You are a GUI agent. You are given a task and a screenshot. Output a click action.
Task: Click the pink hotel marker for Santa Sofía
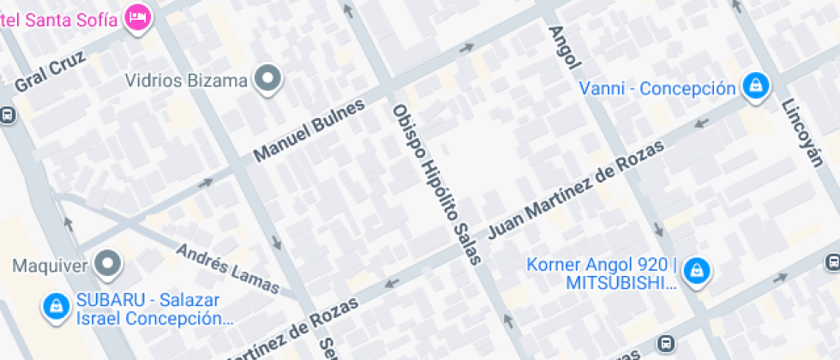(x=137, y=15)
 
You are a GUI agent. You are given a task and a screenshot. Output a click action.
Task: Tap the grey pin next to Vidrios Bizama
(x=270, y=81)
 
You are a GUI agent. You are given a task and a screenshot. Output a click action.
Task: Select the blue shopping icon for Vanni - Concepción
(x=756, y=87)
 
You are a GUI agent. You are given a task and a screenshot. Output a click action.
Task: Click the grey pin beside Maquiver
(x=108, y=265)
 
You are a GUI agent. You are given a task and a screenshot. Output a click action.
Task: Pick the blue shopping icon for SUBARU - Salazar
(x=57, y=305)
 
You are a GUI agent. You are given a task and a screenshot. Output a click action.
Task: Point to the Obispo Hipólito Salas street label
(x=436, y=183)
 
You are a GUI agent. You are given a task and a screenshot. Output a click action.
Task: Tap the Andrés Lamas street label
(x=227, y=268)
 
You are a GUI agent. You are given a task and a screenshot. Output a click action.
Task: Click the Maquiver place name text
(x=50, y=265)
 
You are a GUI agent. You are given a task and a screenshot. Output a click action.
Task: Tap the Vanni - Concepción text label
(x=657, y=88)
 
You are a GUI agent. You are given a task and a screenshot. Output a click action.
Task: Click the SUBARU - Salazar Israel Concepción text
(x=154, y=309)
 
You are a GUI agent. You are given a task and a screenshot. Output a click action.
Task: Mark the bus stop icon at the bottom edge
(x=663, y=344)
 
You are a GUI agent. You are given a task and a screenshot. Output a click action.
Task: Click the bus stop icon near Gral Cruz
(x=7, y=115)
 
